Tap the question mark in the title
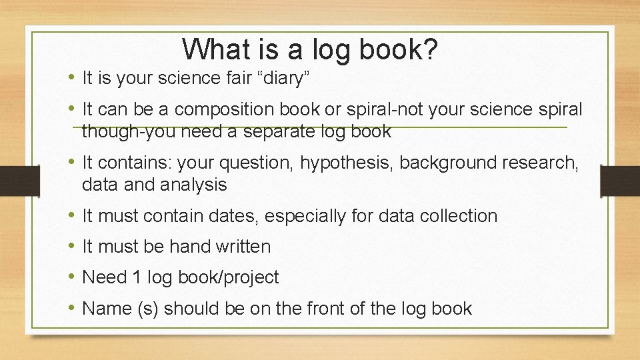[430, 49]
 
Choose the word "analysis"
[194, 185]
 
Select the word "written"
[243, 247]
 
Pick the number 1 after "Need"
[136, 277]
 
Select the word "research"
[540, 162]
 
